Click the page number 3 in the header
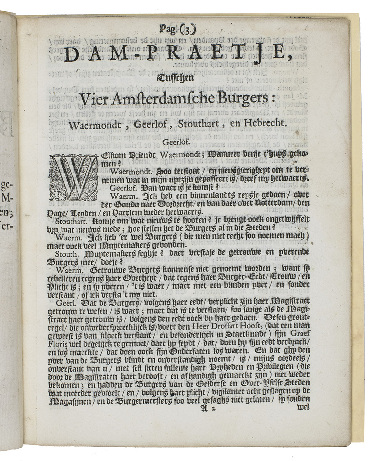187,28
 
